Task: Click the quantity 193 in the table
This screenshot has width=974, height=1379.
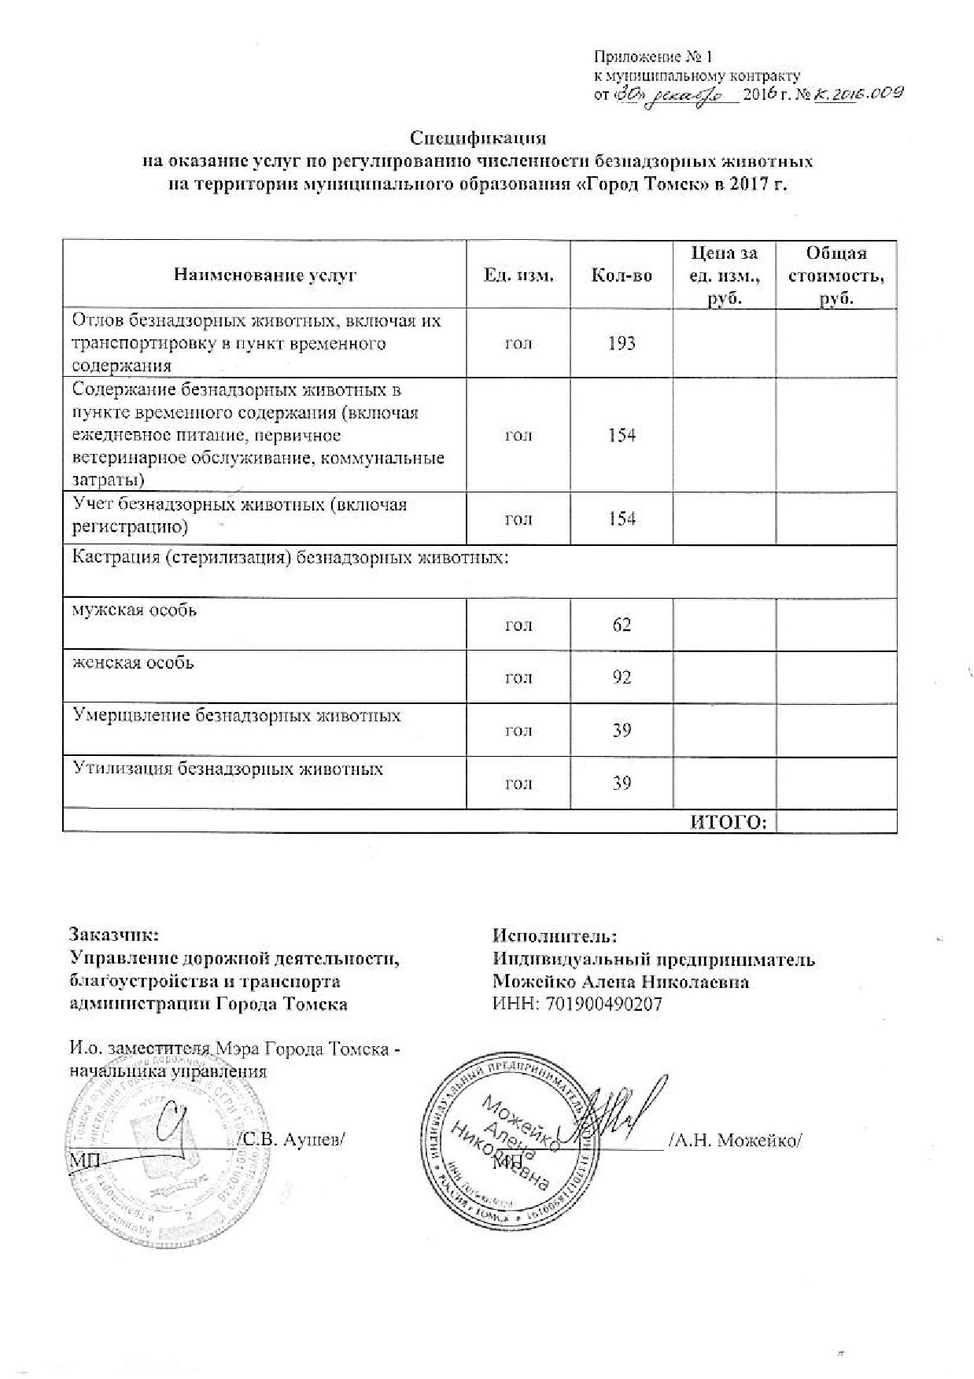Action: pyautogui.click(x=622, y=343)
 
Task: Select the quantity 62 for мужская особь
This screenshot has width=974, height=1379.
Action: pyautogui.click(x=622, y=625)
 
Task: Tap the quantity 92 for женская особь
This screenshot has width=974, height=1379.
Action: pyautogui.click(x=622, y=677)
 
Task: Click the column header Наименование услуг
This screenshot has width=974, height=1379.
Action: pyautogui.click(x=265, y=275)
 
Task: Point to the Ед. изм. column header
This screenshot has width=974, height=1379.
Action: pyautogui.click(x=518, y=275)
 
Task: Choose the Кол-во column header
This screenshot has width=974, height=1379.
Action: pyautogui.click(x=622, y=275)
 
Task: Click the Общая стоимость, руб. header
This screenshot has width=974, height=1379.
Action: pyautogui.click(x=836, y=275)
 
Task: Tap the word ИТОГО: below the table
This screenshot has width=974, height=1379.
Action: pyautogui.click(x=729, y=823)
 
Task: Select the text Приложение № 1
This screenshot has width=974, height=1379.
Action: pyautogui.click(x=652, y=57)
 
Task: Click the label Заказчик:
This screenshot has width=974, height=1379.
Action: pyautogui.click(x=114, y=936)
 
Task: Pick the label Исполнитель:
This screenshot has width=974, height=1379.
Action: pyautogui.click(x=555, y=936)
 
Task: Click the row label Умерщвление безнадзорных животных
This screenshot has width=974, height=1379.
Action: pyautogui.click(x=237, y=716)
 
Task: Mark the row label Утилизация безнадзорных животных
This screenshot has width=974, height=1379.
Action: pyautogui.click(x=227, y=769)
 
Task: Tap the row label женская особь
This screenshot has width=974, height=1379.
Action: pyautogui.click(x=133, y=662)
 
